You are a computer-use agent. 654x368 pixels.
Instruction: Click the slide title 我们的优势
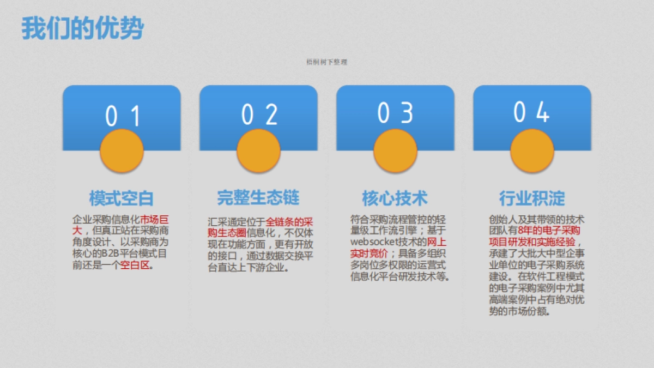pos(82,28)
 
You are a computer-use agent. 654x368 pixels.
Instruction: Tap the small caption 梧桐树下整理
pos(327,62)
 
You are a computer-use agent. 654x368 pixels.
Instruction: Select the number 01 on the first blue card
pos(122,116)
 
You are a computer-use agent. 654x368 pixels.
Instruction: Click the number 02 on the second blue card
pos(259,114)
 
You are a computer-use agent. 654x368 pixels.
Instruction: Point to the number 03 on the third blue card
pos(396,113)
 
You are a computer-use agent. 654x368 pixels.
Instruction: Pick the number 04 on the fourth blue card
pos(531,112)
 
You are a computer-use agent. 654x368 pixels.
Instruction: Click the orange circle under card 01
pos(122,152)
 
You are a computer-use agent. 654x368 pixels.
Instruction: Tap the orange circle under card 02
pos(258,152)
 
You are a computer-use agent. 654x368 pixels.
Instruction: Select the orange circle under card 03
pos(395,152)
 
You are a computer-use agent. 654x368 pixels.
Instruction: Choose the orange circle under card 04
pos(532,150)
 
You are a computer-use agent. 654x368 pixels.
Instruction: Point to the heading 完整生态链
pos(258,197)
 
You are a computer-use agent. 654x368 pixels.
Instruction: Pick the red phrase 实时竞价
pos(368,254)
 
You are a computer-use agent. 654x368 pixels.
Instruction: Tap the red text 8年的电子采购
pos(549,231)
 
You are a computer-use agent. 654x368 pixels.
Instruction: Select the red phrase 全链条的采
pos(289,222)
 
